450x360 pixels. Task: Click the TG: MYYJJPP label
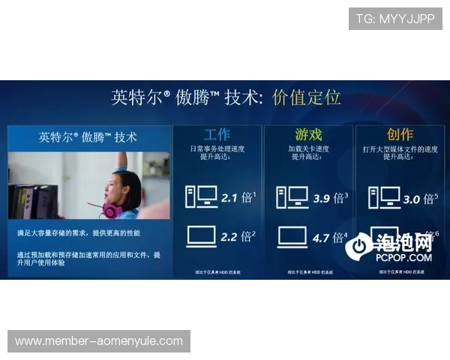click(x=395, y=19)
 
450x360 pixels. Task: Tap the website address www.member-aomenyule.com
click(x=99, y=341)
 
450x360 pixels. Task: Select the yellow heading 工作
click(x=217, y=135)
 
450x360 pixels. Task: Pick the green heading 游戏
click(x=308, y=135)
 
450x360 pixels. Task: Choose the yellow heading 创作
click(x=400, y=135)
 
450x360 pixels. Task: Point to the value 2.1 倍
click(x=238, y=198)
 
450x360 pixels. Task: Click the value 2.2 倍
click(x=238, y=237)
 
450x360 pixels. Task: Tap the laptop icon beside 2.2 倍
click(x=200, y=237)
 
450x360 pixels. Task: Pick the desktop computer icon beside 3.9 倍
click(x=292, y=197)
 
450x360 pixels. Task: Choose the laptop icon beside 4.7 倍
click(x=292, y=237)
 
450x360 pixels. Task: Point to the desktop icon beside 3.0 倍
click(x=383, y=197)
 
